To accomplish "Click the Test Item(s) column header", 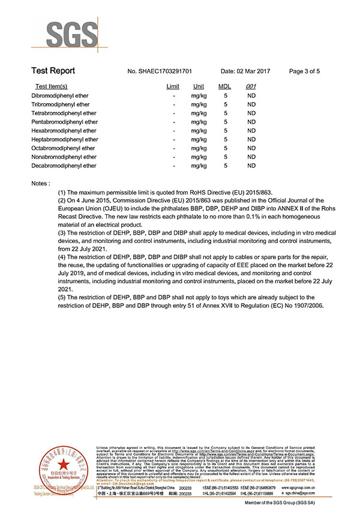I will [x=52, y=87].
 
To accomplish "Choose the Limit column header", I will [x=173, y=87].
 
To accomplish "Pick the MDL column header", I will [x=224, y=87].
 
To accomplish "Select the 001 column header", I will [x=251, y=87].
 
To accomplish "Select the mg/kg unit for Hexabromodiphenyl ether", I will [x=199, y=131].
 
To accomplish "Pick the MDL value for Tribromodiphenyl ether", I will [x=225, y=104].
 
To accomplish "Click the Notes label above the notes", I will [x=40, y=182].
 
